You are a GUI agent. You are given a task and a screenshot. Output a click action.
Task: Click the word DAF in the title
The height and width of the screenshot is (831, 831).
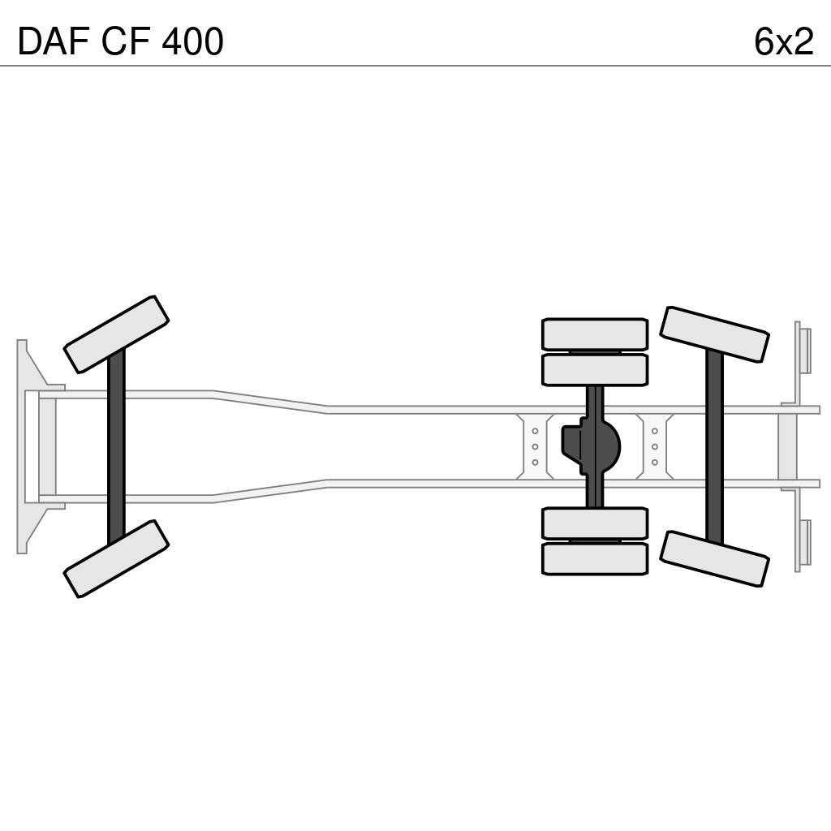pyautogui.click(x=54, y=42)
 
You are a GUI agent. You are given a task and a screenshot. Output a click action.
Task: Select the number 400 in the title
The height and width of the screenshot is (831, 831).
pyautogui.click(x=192, y=42)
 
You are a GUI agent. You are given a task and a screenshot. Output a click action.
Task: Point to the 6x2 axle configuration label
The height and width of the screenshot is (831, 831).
pyautogui.click(x=783, y=42)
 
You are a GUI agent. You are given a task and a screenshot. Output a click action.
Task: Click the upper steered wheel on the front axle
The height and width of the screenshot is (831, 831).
pyautogui.click(x=116, y=334)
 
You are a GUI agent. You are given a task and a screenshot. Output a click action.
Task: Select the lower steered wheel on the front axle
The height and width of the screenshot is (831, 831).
pyautogui.click(x=116, y=559)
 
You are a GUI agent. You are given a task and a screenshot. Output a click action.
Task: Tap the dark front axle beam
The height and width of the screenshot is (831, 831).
pyautogui.click(x=116, y=446)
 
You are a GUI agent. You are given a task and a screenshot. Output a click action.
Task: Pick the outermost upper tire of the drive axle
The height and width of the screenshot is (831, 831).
pyautogui.click(x=595, y=334)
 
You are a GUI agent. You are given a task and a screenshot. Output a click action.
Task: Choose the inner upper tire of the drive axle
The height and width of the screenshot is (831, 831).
pyautogui.click(x=595, y=370)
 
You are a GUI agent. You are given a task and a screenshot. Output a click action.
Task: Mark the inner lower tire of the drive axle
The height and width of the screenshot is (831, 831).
pyautogui.click(x=595, y=523)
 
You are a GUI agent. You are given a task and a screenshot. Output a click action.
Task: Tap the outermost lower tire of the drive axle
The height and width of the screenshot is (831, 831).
pyautogui.click(x=595, y=559)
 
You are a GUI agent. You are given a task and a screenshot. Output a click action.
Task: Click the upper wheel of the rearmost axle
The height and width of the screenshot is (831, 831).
pyautogui.click(x=714, y=334)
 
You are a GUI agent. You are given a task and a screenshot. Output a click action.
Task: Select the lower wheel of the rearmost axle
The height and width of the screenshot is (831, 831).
pyautogui.click(x=714, y=559)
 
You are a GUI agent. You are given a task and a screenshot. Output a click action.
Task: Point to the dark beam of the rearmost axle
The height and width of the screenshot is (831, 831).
pyautogui.click(x=714, y=446)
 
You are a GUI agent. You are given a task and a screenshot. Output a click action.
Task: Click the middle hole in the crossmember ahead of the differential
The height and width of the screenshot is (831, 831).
pyautogui.click(x=535, y=446)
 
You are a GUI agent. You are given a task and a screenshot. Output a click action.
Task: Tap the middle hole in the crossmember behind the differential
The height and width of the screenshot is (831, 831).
pyautogui.click(x=655, y=446)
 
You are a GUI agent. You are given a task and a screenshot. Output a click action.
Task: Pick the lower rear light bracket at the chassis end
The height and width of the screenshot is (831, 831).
pyautogui.click(x=803, y=543)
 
